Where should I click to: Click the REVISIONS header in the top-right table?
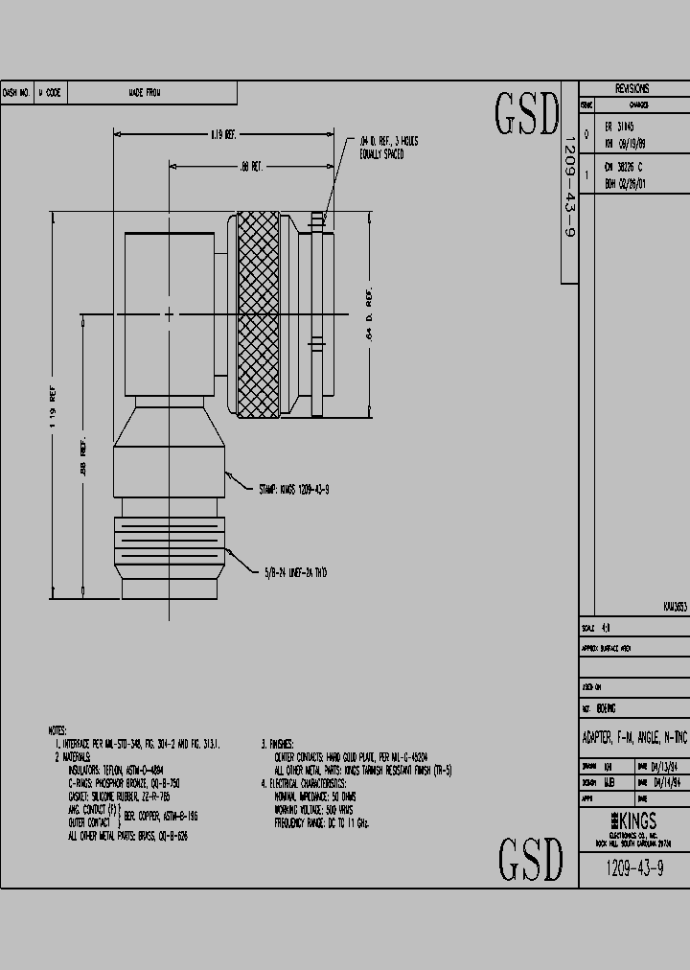point(632,88)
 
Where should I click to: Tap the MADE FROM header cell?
point(145,93)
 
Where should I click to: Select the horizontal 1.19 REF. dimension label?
point(222,135)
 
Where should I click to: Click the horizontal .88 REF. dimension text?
point(251,167)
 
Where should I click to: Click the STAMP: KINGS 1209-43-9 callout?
point(294,489)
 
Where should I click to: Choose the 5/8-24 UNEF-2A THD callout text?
point(296,572)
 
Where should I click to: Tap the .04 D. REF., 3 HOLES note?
point(388,147)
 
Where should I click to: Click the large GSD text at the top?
point(526,114)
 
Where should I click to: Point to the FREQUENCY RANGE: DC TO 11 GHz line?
point(321,822)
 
